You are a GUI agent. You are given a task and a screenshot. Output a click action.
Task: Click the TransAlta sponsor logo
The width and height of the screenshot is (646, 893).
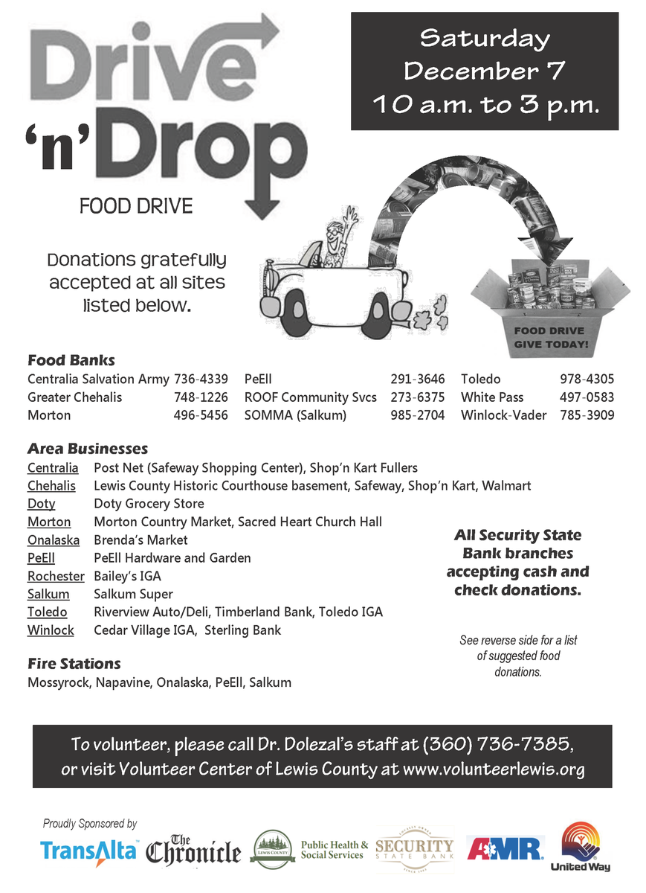pos(89,850)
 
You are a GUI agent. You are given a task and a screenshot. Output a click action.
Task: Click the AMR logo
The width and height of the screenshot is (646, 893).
pos(506,848)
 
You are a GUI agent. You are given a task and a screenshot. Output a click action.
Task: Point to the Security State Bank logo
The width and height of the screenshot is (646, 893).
pos(414,848)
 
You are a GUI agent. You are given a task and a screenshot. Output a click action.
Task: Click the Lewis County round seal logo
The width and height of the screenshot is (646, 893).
pos(272,849)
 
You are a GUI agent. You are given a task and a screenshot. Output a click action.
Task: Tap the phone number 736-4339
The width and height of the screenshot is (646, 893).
pos(201,380)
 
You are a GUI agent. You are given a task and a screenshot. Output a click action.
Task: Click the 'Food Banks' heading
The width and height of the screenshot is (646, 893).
pos(71,361)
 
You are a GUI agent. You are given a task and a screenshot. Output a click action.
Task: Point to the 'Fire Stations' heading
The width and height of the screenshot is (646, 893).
pos(74,663)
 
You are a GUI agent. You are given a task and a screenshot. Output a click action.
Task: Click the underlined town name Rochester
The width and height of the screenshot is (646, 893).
pos(56,576)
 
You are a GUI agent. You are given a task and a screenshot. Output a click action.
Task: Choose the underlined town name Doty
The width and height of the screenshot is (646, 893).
pos(42,504)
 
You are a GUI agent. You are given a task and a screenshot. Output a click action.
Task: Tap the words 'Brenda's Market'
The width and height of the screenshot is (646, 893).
pos(140,540)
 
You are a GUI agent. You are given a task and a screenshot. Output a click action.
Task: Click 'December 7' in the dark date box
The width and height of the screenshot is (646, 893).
pos(485,71)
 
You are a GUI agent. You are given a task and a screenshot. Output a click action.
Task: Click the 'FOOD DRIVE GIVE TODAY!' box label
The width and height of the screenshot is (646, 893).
pos(551,337)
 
